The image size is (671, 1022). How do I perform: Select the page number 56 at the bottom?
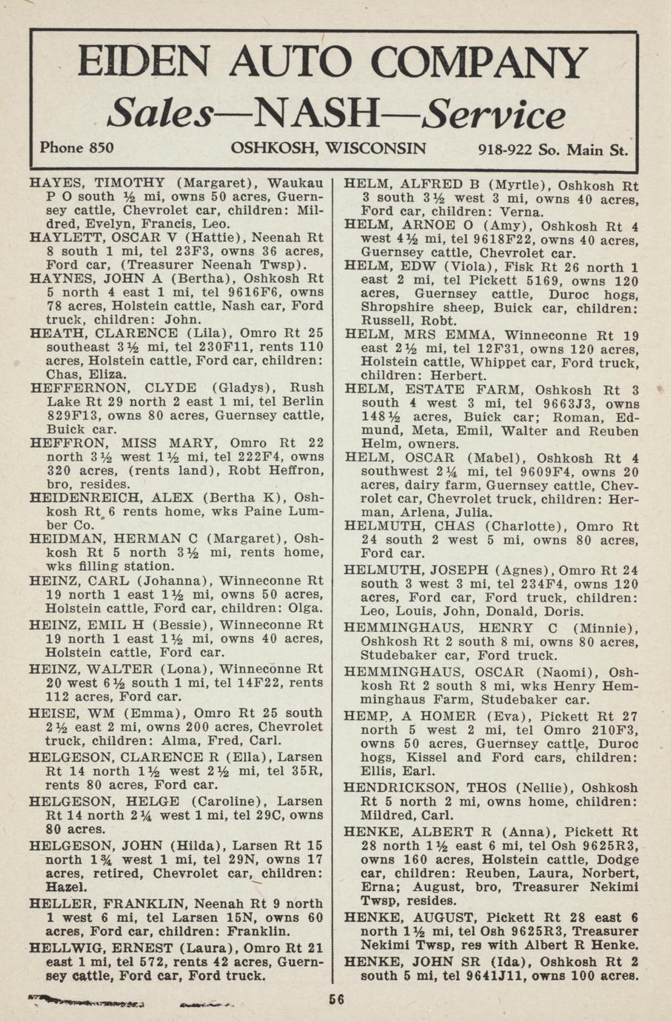(x=337, y=999)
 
